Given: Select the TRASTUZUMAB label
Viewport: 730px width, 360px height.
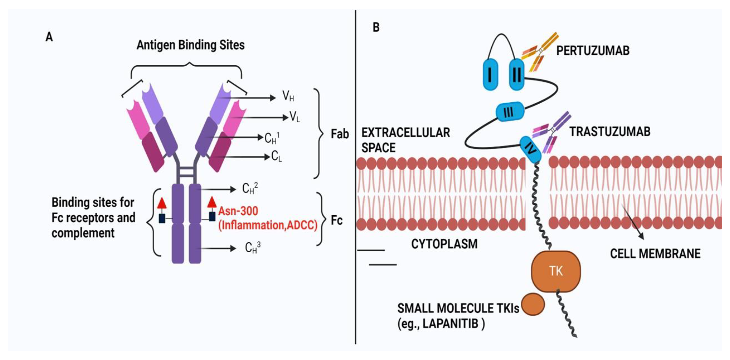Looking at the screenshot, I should coord(610,132).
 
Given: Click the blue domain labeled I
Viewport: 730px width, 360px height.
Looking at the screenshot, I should coord(490,75).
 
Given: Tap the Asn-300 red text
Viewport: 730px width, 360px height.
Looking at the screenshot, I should coord(238,211).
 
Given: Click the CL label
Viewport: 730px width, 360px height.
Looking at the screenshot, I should coord(276,156).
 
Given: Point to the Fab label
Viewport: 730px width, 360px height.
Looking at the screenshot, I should coord(340,134).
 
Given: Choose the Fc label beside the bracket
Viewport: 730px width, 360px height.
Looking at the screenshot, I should coord(336,220).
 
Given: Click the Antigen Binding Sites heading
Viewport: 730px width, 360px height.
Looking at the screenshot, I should coord(190,45).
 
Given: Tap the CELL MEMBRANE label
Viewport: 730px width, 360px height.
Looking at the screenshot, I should coord(655,254).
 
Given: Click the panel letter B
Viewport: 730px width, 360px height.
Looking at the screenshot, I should coord(376,27).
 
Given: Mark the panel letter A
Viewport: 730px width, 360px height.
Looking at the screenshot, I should coord(49,37).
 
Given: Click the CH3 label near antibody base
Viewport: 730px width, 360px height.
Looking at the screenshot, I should coord(252,247).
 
